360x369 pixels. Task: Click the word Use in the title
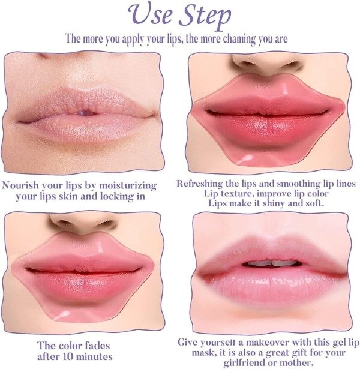(151, 14)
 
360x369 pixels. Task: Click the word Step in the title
(205, 17)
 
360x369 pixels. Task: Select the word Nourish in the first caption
(20, 185)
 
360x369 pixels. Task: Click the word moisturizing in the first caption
(128, 186)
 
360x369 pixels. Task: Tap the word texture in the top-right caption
(235, 194)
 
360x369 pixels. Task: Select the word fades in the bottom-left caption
(97, 346)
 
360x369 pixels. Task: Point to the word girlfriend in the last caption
(244, 363)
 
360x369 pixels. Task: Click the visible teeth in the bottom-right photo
(272, 263)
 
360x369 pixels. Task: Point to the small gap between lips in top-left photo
(86, 113)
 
